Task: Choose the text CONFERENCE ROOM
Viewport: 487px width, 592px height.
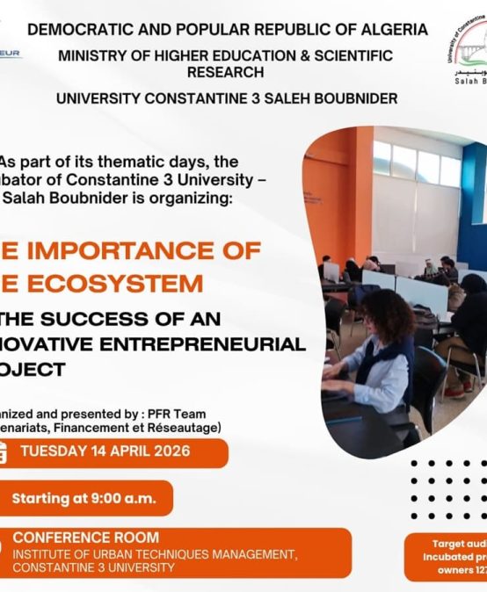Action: pyautogui.click(x=86, y=538)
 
